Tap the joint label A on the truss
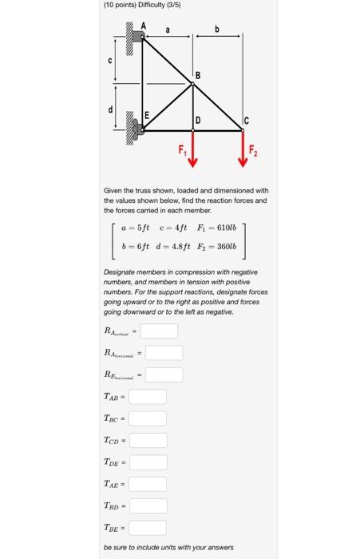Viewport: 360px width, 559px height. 144,26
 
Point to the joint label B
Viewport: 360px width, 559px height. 198,76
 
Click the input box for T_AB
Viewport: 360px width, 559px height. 148,396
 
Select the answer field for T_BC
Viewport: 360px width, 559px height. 148,418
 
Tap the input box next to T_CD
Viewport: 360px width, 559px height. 148,440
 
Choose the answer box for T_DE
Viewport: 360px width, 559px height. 148,462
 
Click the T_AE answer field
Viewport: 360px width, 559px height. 148,483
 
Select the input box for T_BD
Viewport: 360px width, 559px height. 148,505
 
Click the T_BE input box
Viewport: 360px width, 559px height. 148,527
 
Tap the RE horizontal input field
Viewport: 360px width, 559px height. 164,374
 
